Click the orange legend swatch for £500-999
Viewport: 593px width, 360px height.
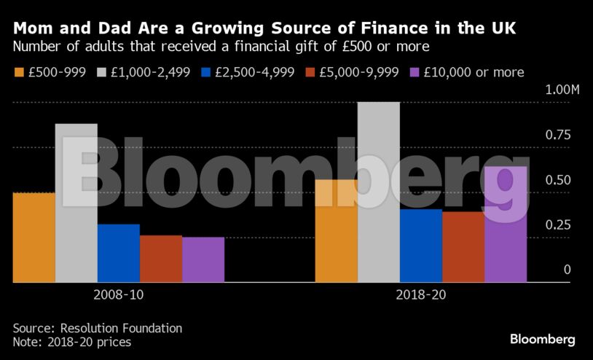tap(20, 72)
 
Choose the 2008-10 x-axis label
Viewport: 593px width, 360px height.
tap(118, 296)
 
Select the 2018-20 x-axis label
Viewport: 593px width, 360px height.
tap(420, 296)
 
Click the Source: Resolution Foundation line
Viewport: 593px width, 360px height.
tap(98, 328)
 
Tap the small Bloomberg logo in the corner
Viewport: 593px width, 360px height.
tap(542, 340)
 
